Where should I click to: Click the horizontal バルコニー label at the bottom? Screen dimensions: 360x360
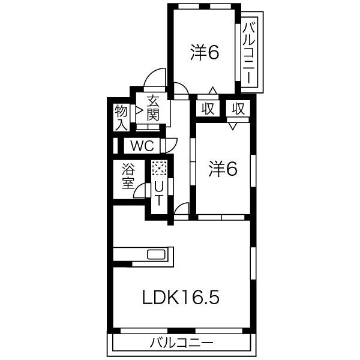(181, 344)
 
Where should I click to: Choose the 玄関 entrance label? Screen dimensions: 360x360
(153, 108)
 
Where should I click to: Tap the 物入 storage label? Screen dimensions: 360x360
(121, 117)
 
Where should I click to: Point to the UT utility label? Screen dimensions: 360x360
(158, 193)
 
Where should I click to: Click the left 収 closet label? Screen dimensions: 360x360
(208, 109)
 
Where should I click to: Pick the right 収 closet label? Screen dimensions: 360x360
(238, 109)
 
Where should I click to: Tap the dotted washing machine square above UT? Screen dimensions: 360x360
(158, 169)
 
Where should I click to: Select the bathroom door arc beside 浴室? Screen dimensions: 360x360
(141, 191)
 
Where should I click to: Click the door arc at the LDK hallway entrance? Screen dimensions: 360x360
(182, 210)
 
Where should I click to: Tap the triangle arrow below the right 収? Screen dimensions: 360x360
(233, 125)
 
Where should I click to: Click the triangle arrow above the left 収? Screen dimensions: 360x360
(211, 92)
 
